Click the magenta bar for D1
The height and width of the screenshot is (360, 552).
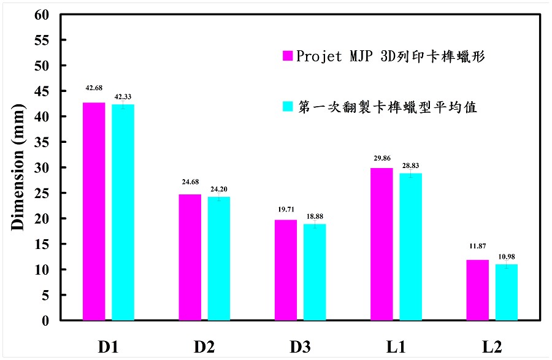click(x=94, y=212)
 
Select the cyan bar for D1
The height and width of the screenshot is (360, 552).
click(x=123, y=212)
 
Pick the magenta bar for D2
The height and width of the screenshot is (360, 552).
click(x=190, y=257)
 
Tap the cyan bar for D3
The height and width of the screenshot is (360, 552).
click(x=315, y=272)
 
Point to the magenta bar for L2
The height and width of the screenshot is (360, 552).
click(x=477, y=290)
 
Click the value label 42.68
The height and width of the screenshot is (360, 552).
click(x=94, y=90)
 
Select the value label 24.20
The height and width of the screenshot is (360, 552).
click(x=219, y=189)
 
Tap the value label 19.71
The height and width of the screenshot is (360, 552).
click(x=285, y=209)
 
